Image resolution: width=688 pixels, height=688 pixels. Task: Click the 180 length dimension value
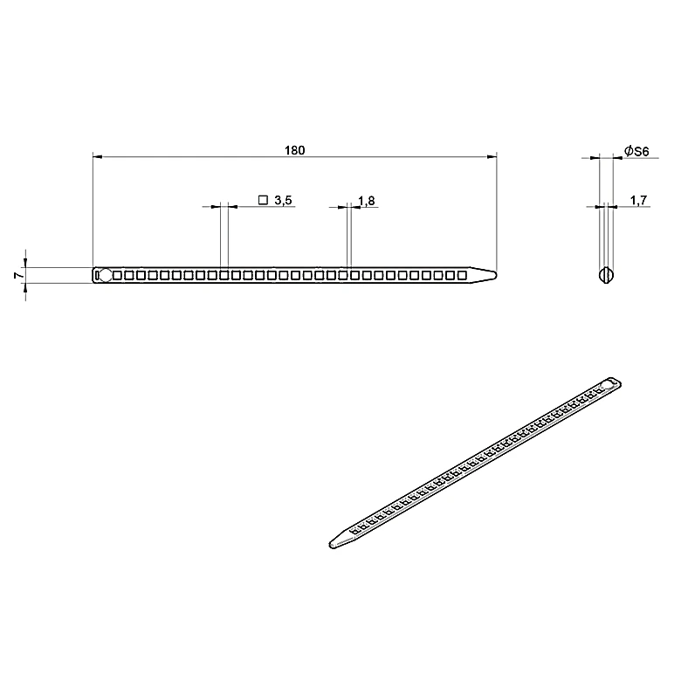click(294, 150)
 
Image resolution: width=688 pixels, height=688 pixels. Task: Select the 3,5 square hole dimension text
click(283, 201)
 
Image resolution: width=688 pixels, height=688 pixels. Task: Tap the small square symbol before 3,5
click(263, 200)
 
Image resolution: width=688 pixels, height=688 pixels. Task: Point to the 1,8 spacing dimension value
click(367, 201)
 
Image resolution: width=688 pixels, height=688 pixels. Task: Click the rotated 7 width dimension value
click(19, 275)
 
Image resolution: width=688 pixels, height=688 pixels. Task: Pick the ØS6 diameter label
click(636, 151)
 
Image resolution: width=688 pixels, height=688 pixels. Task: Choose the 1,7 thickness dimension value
click(638, 201)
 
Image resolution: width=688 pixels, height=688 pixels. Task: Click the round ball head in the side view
click(106, 275)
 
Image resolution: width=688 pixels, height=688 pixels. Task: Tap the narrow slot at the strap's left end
click(97, 275)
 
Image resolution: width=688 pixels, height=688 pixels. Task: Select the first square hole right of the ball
click(117, 275)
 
